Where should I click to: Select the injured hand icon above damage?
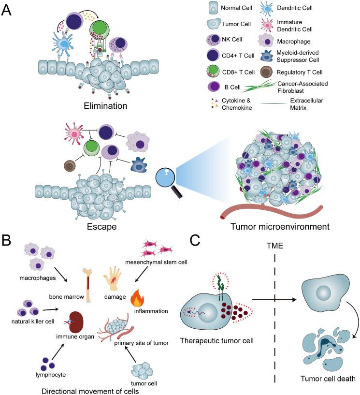(x=115, y=276)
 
